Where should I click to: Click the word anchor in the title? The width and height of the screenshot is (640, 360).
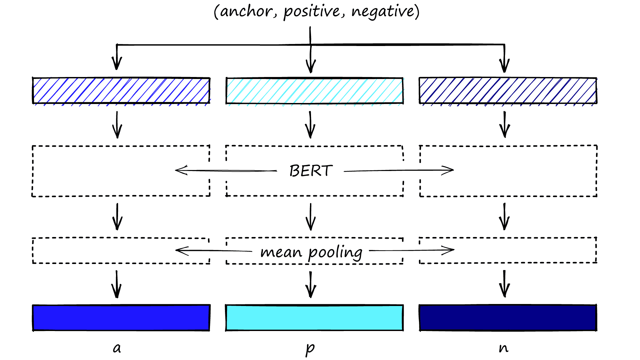pyautogui.click(x=246, y=11)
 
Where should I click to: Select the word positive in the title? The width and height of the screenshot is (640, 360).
pyautogui.click(x=312, y=12)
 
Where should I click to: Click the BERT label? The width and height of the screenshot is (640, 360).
pyautogui.click(x=311, y=171)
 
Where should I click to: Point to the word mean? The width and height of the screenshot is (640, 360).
pyautogui.click(x=281, y=252)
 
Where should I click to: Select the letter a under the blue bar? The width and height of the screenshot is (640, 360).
pyautogui.click(x=117, y=348)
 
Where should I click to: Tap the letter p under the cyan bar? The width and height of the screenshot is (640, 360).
pyautogui.click(x=310, y=349)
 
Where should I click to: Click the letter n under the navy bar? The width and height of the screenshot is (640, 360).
pyautogui.click(x=503, y=348)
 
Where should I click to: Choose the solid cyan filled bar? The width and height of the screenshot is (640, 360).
pyautogui.click(x=314, y=318)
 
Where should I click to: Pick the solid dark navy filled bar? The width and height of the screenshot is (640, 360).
pyautogui.click(x=508, y=318)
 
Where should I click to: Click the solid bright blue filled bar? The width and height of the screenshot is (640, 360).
pyautogui.click(x=121, y=318)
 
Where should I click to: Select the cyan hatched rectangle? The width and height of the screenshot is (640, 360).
pyautogui.click(x=314, y=91)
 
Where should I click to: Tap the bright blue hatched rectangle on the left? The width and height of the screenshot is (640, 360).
pyautogui.click(x=121, y=91)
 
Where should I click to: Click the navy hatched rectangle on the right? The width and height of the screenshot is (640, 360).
pyautogui.click(x=508, y=91)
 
